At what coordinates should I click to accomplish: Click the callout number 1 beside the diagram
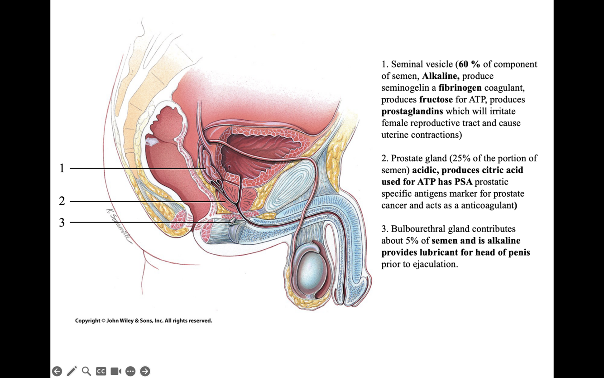point(62,168)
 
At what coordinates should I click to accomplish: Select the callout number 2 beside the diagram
point(62,201)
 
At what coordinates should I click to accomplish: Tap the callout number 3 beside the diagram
point(62,222)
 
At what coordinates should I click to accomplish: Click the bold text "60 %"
point(469,64)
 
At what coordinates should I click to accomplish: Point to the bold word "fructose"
point(436,100)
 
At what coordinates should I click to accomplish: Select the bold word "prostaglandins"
point(412,111)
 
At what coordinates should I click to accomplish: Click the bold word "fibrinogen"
point(460,88)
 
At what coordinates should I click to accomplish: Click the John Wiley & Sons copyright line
point(144,321)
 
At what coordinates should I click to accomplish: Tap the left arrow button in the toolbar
point(57,371)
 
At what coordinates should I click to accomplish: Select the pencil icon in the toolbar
point(72,371)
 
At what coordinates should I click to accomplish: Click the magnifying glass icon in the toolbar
point(86,371)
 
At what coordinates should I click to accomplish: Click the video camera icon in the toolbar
point(116,371)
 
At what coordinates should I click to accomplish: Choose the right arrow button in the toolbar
point(145,371)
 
